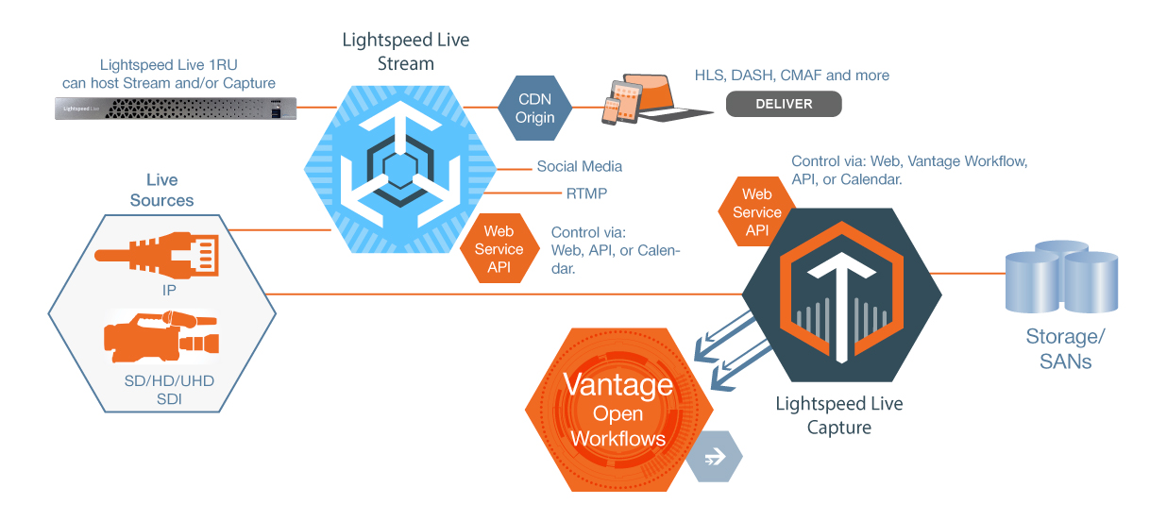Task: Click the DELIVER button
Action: coord(783,104)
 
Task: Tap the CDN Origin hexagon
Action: coord(534,108)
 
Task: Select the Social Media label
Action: coord(579,166)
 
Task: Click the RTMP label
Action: coord(585,193)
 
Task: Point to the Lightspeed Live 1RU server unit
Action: coord(174,109)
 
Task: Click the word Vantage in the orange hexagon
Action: coord(618,384)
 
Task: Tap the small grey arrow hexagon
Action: coord(714,457)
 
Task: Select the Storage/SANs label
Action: coord(1064,348)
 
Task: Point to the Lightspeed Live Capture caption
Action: coord(838,415)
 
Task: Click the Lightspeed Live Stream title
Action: coord(405,53)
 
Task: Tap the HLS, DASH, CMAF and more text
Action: coord(791,76)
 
